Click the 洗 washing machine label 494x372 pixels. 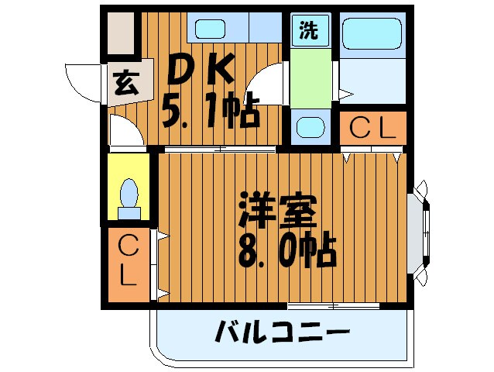(309, 32)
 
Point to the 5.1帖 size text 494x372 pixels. (210, 115)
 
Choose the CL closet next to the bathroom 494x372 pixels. (372, 129)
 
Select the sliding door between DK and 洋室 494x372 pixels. (220, 147)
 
